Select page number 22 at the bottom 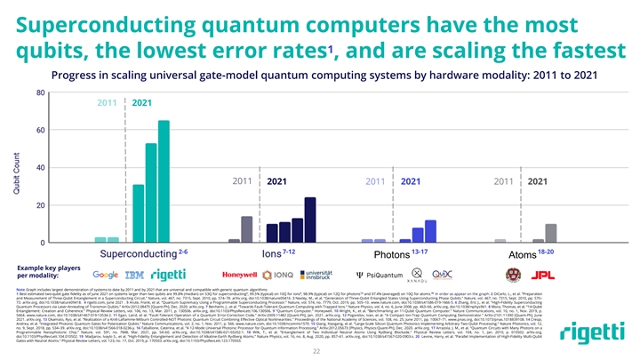pos(320,350)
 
